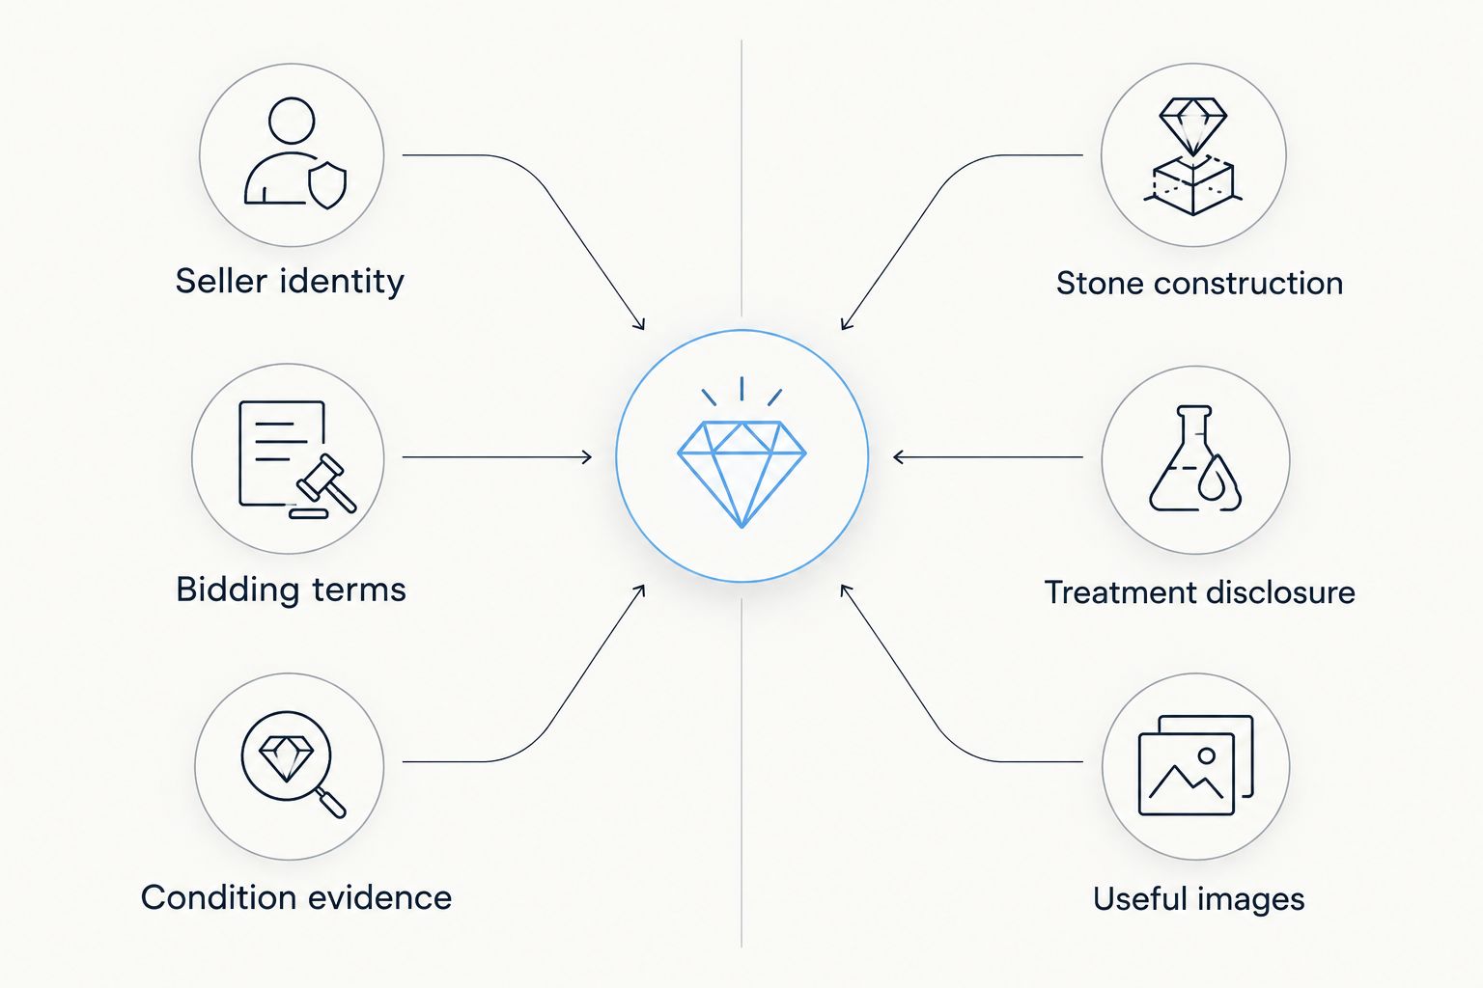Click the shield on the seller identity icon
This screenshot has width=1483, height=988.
coord(327,185)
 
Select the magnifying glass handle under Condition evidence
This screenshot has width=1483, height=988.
coord(330,802)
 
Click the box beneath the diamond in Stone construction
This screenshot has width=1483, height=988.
coord(1192,185)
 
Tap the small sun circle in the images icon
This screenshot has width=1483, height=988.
coord(1206,755)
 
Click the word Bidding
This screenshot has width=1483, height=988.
coord(237,590)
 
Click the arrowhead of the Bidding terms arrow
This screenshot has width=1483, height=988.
coord(587,457)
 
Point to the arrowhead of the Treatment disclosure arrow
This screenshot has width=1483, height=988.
coord(899,457)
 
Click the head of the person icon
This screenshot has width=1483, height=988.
coord(292,121)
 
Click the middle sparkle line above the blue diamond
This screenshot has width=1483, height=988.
coord(741,389)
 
